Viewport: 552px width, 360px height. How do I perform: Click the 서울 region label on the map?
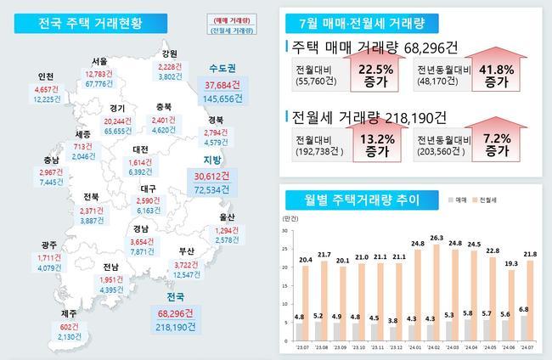click(x=99, y=62)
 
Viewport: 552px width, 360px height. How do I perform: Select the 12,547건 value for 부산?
click(x=188, y=275)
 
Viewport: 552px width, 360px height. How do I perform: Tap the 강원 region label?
click(x=169, y=53)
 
